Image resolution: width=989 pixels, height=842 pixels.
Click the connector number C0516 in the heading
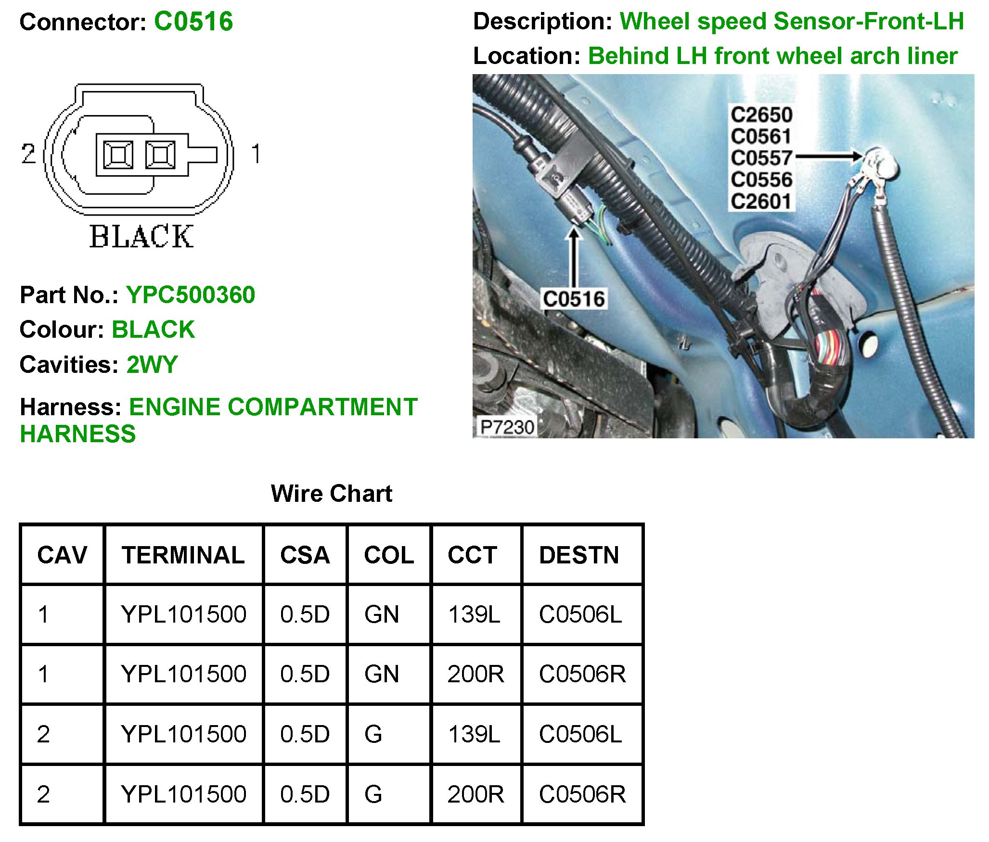[193, 22]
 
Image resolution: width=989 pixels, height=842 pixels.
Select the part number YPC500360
[191, 295]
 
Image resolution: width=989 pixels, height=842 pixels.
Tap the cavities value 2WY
[152, 365]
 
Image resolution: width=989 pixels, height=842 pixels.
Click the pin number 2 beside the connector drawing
[28, 154]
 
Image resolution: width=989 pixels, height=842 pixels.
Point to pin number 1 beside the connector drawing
[256, 154]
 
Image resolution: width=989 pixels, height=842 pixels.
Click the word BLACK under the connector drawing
[141, 237]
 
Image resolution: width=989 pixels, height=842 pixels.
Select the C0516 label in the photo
[574, 299]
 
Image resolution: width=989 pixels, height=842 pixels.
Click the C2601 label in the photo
[761, 202]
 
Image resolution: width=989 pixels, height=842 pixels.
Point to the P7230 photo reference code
[507, 427]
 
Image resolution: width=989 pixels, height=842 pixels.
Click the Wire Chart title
[332, 494]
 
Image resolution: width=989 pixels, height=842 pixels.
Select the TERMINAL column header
[183, 555]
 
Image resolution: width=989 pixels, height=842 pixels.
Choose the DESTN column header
[579, 555]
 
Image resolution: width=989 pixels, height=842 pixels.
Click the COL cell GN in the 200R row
[382, 674]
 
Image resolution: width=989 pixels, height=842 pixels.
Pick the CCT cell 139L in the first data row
[474, 614]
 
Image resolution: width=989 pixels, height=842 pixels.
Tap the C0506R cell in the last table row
[582, 794]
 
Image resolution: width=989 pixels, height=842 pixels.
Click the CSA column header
[305, 555]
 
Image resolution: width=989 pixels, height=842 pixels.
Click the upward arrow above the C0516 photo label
[574, 257]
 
